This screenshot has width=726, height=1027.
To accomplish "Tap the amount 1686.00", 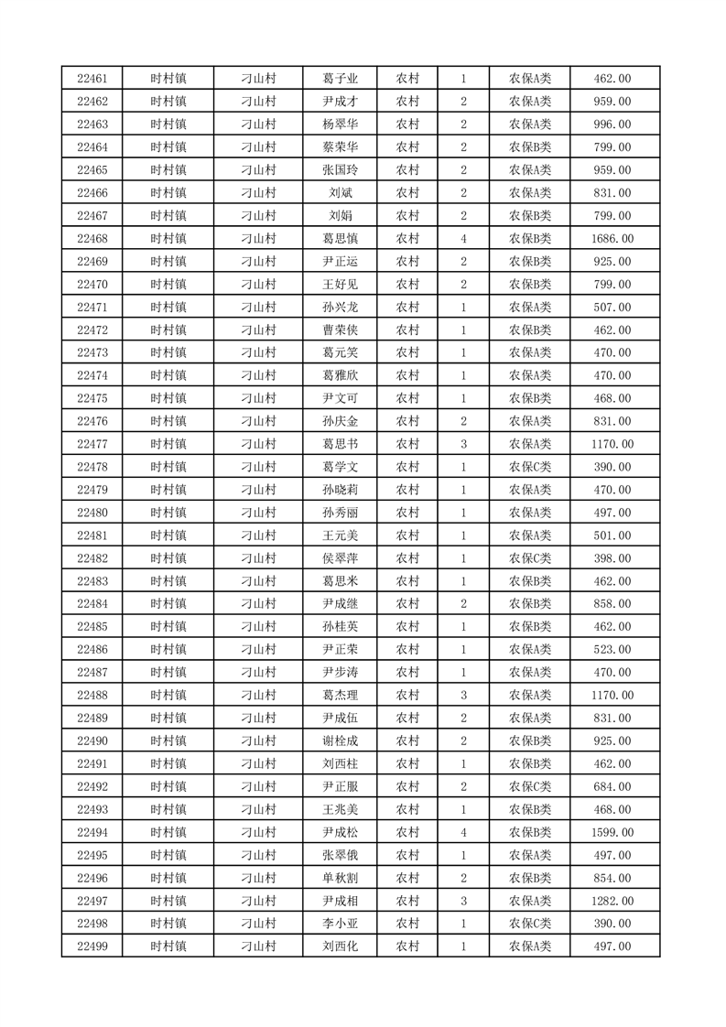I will click(x=612, y=239).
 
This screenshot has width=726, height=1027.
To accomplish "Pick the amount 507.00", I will click(x=612, y=308).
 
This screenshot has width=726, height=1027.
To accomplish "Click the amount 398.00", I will click(x=612, y=558).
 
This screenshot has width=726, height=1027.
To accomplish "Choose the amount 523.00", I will click(x=612, y=650).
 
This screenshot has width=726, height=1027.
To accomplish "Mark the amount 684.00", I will click(x=612, y=786).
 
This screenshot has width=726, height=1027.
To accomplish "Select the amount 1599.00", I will click(x=612, y=832).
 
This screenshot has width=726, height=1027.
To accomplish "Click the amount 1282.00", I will click(x=612, y=901).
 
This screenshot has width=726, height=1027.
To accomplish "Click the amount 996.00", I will click(x=612, y=124).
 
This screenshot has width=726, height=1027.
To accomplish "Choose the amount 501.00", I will click(x=612, y=535).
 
